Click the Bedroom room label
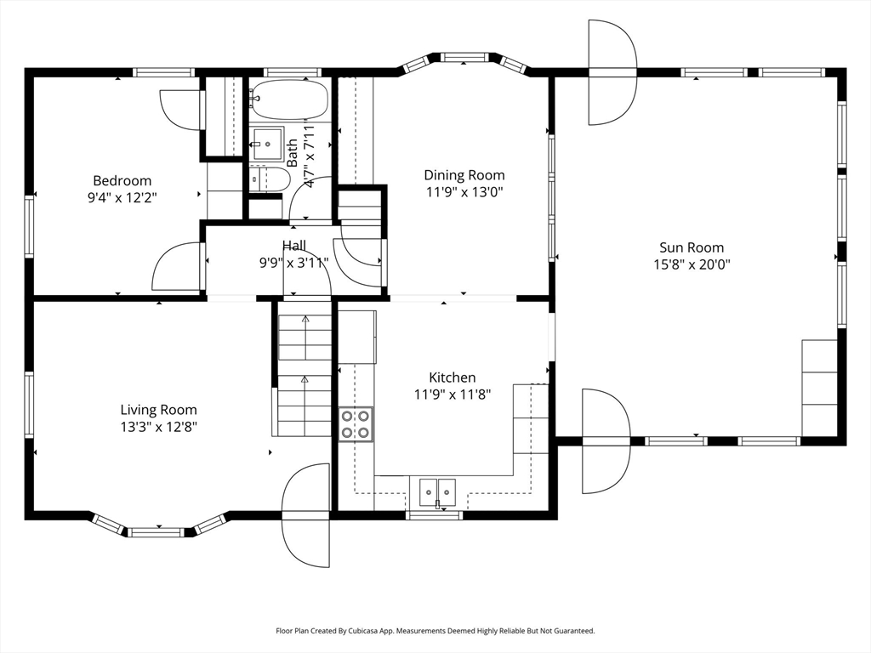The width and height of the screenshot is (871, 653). [122, 180]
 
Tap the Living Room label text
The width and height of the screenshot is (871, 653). [159, 410]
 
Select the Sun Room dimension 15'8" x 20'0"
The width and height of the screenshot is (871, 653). [692, 264]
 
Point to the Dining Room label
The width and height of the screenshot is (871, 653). [464, 175]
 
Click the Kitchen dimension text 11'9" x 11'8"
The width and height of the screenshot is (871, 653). [453, 395]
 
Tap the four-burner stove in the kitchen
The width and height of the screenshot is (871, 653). [356, 425]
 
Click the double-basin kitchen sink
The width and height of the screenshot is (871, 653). [438, 491]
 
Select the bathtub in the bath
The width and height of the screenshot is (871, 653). [288, 100]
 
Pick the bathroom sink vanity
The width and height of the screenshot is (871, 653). [267, 144]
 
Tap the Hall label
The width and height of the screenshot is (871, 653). [293, 246]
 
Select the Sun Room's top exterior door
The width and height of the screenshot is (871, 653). [612, 72]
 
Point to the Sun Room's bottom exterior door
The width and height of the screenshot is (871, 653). [606, 441]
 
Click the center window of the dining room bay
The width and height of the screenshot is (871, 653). [464, 57]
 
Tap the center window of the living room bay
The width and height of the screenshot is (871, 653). [156, 532]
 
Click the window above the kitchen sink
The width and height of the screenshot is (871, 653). [434, 515]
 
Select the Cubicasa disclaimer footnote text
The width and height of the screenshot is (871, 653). [435, 631]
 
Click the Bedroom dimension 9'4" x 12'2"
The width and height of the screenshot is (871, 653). [122, 197]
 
